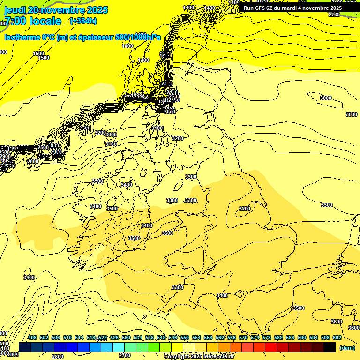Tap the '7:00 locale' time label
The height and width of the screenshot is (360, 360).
click(33, 21)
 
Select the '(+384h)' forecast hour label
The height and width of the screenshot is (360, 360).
click(83, 21)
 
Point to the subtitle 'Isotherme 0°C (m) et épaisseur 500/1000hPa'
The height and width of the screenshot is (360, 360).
click(82, 37)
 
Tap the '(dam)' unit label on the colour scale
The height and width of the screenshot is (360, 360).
click(347, 348)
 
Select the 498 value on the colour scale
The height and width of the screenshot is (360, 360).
click(32, 337)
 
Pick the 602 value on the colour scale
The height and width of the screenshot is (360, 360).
click(337, 337)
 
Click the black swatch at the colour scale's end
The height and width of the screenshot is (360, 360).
click(330, 347)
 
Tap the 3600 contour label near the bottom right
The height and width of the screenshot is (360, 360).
click(336, 322)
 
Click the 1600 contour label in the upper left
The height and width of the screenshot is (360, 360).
click(38, 53)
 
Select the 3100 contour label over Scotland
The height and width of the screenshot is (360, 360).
click(157, 128)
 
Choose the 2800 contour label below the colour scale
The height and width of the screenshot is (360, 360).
click(58, 357)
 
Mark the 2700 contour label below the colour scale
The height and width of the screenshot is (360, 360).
click(125, 355)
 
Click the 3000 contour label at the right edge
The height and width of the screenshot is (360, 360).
click(351, 114)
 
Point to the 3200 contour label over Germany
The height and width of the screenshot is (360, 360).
click(245, 208)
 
